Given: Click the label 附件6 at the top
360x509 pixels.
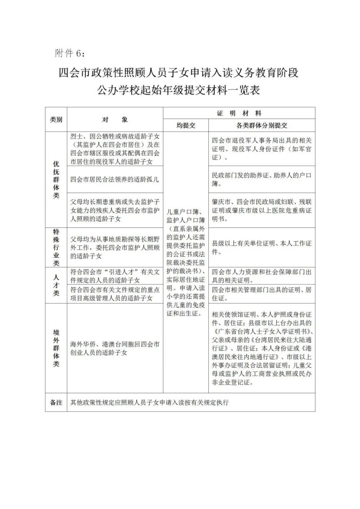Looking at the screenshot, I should tap(70, 53).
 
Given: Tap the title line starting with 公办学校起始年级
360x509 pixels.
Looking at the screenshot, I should tap(179, 90).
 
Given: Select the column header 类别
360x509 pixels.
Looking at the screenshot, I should tap(56, 120).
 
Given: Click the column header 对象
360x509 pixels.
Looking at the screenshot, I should tap(115, 120).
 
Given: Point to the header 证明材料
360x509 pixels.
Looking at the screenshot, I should tap(239, 113).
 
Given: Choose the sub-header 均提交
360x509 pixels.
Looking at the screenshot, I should tap(185, 125).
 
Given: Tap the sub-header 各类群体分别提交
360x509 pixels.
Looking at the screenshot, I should tap(262, 125).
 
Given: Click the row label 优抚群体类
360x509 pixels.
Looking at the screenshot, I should tap(56, 179).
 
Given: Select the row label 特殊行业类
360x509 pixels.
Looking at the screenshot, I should tap(56, 247).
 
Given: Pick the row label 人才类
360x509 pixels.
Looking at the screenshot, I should tap(56, 285).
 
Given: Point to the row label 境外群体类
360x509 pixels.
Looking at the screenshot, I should tap(56, 348).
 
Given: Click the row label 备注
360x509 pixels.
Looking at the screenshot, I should tap(56, 402).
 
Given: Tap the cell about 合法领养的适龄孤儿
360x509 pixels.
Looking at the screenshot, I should tap(115, 180).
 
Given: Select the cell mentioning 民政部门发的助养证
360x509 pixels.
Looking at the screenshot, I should tap(262, 179).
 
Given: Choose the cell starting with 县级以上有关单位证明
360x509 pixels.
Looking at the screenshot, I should tap(262, 247).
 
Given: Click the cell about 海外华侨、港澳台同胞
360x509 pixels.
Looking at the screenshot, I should tap(115, 348).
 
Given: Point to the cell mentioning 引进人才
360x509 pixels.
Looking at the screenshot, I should tap(115, 276).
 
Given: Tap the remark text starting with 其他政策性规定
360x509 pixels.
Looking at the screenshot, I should tap(150, 402).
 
